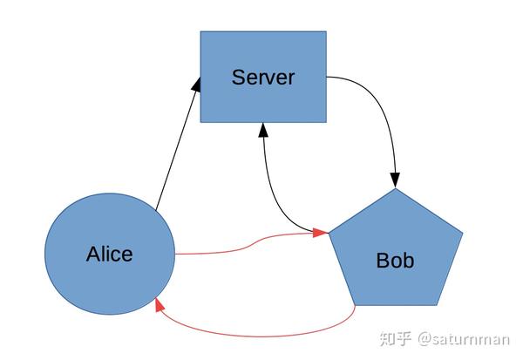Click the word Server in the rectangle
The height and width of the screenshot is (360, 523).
tap(263, 77)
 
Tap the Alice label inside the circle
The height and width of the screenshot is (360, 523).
tap(110, 255)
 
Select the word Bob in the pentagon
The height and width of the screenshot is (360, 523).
tap(395, 260)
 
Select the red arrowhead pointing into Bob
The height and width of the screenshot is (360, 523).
tap(321, 233)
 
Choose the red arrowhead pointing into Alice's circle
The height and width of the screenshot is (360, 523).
tap(159, 304)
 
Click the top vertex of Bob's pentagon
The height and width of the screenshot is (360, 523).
tap(395, 188)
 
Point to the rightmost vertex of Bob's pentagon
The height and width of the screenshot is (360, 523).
tap(462, 234)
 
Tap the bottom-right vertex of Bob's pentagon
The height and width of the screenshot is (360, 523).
tap(436, 305)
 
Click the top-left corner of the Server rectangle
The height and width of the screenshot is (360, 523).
tap(201, 32)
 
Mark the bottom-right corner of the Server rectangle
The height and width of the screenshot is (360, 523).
tap(326, 121)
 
